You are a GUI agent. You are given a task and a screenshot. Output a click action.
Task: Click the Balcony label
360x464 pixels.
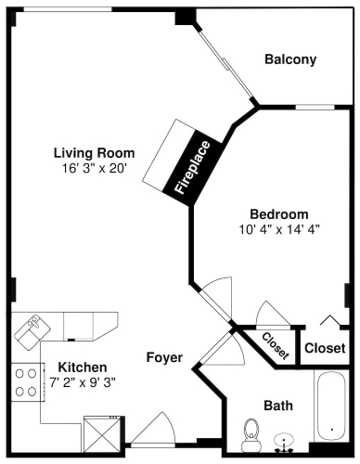(x=290, y=59)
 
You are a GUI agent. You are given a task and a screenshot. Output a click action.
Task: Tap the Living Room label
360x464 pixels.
(x=95, y=153)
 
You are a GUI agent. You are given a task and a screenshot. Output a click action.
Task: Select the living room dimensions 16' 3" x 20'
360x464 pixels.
(x=95, y=168)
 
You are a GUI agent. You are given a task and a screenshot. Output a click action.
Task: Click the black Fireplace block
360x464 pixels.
(x=193, y=168)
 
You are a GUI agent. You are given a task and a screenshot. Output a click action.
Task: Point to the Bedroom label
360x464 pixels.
(x=279, y=214)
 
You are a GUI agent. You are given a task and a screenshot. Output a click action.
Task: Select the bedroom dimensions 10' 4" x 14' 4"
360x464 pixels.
(x=279, y=229)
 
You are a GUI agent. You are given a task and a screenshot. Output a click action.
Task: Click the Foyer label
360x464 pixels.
(x=164, y=357)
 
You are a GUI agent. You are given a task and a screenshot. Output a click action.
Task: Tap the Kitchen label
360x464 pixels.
(x=83, y=367)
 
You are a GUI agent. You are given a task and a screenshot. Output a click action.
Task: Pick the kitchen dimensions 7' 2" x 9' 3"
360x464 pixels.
(x=83, y=382)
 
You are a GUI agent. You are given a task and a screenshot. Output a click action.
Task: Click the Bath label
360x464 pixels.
(x=278, y=406)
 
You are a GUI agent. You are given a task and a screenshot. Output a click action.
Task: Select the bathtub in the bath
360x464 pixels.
(x=331, y=406)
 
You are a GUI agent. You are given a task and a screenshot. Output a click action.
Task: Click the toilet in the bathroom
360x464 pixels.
(x=251, y=435)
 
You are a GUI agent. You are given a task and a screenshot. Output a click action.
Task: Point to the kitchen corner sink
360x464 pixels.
(x=32, y=332)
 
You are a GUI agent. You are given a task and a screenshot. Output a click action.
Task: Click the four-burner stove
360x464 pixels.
(x=27, y=382)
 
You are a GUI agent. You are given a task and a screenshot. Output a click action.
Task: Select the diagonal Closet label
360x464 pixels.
(x=276, y=346)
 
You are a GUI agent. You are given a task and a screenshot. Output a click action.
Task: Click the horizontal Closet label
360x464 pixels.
(x=325, y=348)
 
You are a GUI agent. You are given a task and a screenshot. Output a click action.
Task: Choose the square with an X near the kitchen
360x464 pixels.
(x=102, y=434)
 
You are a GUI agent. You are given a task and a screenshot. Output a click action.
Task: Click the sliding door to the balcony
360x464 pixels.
(x=226, y=63)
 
